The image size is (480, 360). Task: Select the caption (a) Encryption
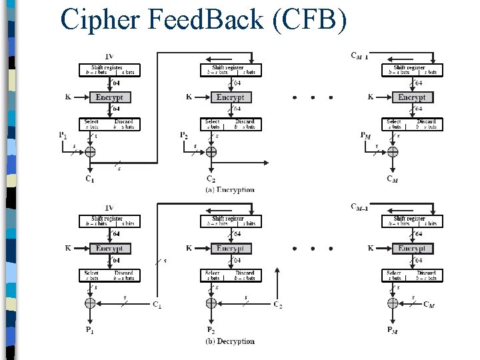[x=229, y=190]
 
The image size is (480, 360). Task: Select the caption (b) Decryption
[x=229, y=341]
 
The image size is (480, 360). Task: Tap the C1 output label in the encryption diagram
[x=89, y=179]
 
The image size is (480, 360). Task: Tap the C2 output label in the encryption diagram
[x=211, y=179]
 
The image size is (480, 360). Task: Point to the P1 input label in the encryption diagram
[x=62, y=135]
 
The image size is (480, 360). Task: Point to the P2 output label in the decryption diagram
[x=211, y=330]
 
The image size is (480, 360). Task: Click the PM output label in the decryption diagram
[x=393, y=330]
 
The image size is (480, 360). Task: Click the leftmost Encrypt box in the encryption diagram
[x=109, y=97]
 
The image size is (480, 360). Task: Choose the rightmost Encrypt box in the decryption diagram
[x=411, y=248]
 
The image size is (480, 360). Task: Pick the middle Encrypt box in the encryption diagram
[x=230, y=97]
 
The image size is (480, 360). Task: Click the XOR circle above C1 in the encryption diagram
[x=90, y=152]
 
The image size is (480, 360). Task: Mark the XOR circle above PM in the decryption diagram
[x=393, y=303]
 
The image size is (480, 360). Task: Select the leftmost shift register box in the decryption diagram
[x=109, y=221]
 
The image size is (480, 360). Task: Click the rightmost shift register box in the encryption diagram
[x=411, y=69]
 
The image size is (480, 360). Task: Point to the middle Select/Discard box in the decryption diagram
[x=230, y=275]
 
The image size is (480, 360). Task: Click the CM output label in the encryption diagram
[x=393, y=179]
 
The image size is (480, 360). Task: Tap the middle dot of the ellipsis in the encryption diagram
[x=313, y=98]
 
